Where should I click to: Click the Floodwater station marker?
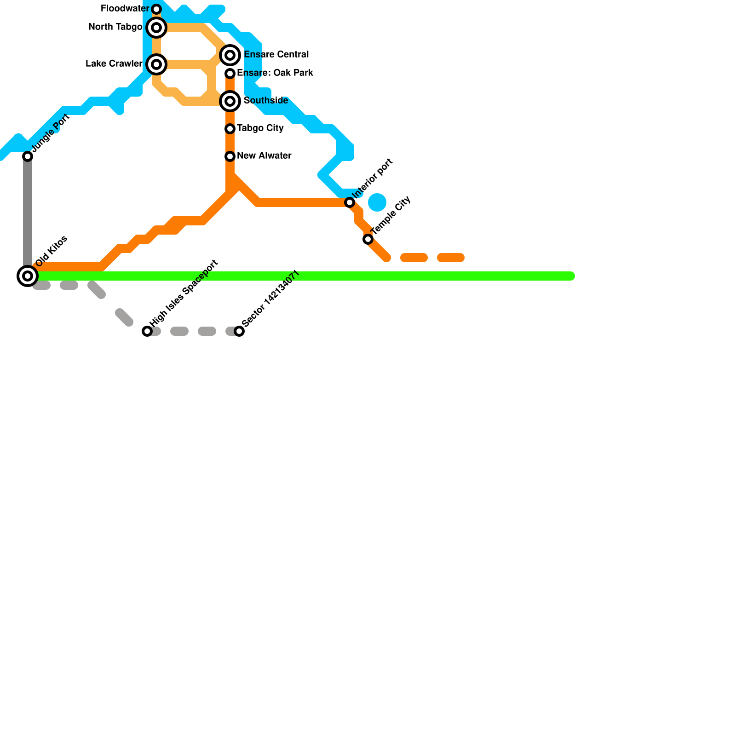pyautogui.click(x=156, y=9)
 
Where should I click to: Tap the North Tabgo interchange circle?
pyautogui.click(x=156, y=28)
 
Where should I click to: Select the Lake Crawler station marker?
pyautogui.click(x=156, y=64)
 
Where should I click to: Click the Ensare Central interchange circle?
pyautogui.click(x=230, y=55)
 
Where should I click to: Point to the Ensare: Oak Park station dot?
pyautogui.click(x=230, y=74)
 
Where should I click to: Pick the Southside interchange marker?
pyautogui.click(x=230, y=101)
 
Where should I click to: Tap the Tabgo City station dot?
pyautogui.click(x=230, y=129)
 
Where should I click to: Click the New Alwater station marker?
pyautogui.click(x=230, y=156)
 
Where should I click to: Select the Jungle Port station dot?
pyautogui.click(x=28, y=156)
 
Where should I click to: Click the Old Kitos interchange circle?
pyautogui.click(x=28, y=276)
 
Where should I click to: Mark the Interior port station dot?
pyautogui.click(x=350, y=202)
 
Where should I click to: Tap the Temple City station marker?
pyautogui.click(x=368, y=239)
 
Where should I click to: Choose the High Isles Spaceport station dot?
pyautogui.click(x=147, y=331)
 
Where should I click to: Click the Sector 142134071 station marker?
pyautogui.click(x=239, y=331)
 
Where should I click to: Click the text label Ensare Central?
pyautogui.click(x=276, y=55)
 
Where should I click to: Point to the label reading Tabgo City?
pyautogui.click(x=260, y=128)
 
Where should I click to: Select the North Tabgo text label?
pyautogui.click(x=115, y=27)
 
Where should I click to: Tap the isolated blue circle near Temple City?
pyautogui.click(x=377, y=202)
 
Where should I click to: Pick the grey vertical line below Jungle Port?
pyautogui.click(x=28, y=212)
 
